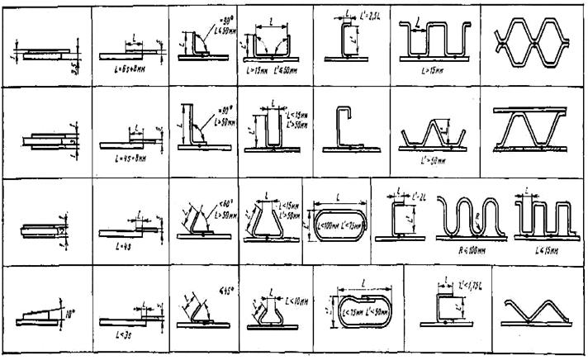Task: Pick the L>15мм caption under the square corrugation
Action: click(429, 71)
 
